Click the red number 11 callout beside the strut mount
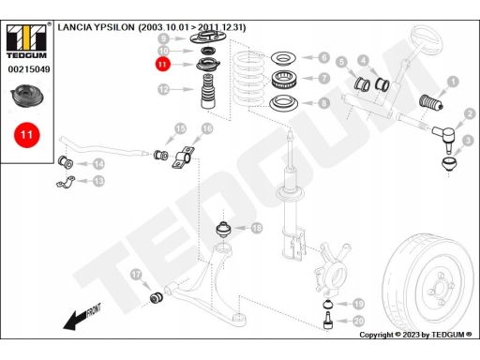[x=162, y=65]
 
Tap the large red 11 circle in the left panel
[x=26, y=135]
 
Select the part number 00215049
[x=29, y=69]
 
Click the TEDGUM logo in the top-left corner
[x=26, y=40]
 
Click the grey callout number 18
[x=257, y=228]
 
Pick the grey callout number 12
[x=164, y=90]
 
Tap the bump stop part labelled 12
[x=209, y=91]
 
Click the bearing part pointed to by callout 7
[x=284, y=80]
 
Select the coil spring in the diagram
[x=248, y=80]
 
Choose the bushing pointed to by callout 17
[x=157, y=297]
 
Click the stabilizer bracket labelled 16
[x=184, y=157]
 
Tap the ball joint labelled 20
[x=327, y=320]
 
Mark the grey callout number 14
[x=99, y=164]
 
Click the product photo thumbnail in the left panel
[x=27, y=97]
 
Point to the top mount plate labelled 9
[x=208, y=38]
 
